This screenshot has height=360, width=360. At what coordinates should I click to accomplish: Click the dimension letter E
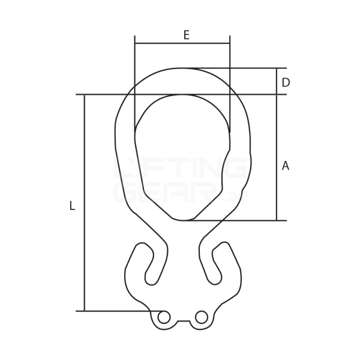tap(186, 35)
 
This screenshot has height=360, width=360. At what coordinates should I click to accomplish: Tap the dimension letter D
tap(286, 82)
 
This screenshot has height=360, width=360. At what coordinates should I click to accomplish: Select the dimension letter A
tap(286, 166)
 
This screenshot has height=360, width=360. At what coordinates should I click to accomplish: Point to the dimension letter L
tap(72, 206)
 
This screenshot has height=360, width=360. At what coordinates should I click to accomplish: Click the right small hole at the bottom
tap(202, 317)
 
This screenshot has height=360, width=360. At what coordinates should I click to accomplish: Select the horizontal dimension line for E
tap(182, 43)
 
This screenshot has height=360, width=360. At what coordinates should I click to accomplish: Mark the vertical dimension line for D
tap(277, 81)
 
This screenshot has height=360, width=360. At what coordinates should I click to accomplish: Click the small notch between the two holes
tap(182, 322)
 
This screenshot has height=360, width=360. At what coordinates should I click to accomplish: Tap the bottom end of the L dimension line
tap(85, 311)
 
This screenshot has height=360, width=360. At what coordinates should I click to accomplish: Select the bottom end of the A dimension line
tap(277, 220)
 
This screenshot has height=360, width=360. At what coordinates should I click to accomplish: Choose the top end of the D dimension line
tap(277, 68)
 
